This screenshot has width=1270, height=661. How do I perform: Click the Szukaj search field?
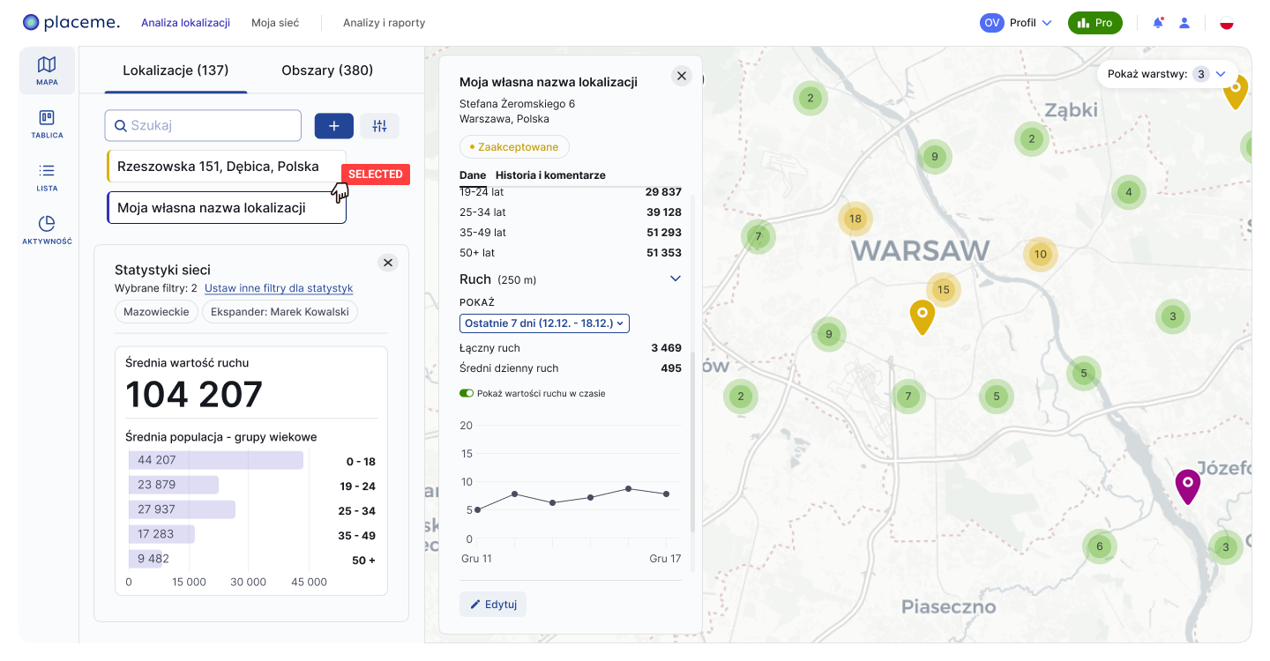(212, 125)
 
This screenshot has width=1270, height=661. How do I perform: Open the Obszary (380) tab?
(327, 71)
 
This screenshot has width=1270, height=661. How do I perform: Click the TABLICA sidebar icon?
(47, 124)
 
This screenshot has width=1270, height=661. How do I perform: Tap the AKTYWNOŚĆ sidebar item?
(47, 230)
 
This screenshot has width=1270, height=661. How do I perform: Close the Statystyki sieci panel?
(388, 263)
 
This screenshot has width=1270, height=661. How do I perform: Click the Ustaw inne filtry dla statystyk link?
(279, 288)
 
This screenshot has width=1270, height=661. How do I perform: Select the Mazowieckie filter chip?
(155, 312)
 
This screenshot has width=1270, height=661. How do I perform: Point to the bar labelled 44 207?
(216, 460)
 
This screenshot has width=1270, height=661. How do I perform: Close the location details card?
(682, 76)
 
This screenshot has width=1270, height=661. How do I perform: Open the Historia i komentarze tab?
(550, 175)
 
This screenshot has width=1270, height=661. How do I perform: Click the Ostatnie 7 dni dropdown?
(544, 323)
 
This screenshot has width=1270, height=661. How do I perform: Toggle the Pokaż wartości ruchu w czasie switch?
(467, 393)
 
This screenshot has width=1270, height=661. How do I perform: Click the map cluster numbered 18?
(855, 219)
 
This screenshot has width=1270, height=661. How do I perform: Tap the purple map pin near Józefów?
(1188, 484)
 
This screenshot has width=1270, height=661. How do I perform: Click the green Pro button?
(1094, 23)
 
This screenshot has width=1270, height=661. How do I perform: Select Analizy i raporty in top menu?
(384, 23)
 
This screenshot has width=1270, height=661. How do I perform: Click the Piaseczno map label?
(948, 606)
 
